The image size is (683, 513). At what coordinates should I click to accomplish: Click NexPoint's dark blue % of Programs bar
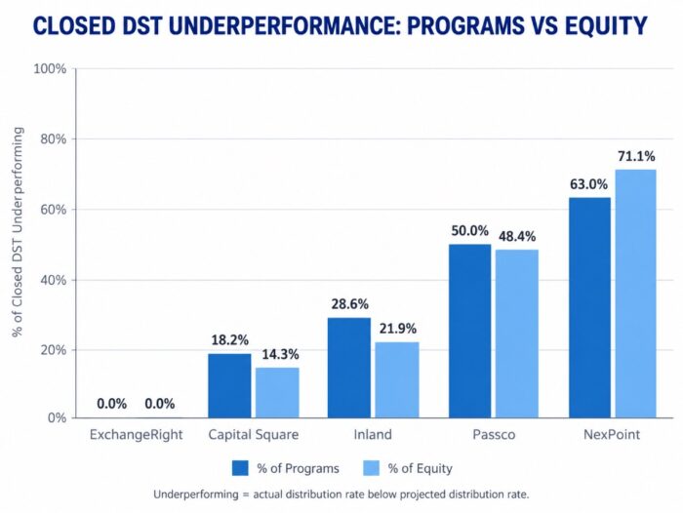(x=589, y=307)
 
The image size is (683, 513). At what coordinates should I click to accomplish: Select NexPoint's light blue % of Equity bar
(x=635, y=294)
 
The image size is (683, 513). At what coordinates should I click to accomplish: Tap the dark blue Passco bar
(x=469, y=331)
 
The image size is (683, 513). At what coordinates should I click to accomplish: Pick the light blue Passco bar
(x=517, y=334)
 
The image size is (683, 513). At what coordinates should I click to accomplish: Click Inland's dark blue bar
(x=349, y=368)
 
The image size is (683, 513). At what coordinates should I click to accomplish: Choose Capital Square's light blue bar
(x=277, y=393)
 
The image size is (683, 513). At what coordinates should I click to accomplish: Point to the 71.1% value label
(x=636, y=156)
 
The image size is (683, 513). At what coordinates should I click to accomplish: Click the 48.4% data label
(x=517, y=236)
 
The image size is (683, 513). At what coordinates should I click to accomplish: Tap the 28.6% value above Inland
(x=349, y=304)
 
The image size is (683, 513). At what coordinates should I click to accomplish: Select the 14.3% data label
(x=280, y=354)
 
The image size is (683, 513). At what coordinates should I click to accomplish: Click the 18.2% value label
(x=229, y=339)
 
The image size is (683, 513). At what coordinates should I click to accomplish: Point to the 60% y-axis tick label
(x=53, y=210)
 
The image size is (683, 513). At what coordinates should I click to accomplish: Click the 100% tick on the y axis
(x=50, y=69)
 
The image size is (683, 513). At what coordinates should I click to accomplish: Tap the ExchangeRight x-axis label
(x=136, y=435)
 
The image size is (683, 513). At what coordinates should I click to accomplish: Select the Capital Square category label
(x=254, y=435)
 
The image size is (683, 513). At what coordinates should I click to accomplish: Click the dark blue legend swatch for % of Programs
(x=240, y=468)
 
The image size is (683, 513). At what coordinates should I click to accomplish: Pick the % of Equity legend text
(x=420, y=468)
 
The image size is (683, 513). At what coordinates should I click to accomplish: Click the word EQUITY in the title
(x=606, y=25)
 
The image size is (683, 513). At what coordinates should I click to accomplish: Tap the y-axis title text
(x=17, y=232)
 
